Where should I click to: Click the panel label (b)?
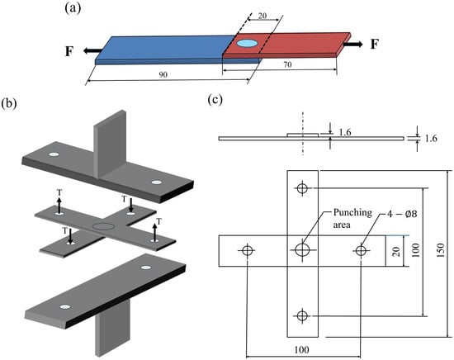[x=9, y=103]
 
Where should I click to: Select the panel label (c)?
[x=215, y=100]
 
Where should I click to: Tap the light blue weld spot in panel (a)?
[x=247, y=44]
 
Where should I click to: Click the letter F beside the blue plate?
[x=69, y=51]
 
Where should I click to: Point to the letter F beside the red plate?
[x=375, y=45]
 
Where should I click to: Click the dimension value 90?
[x=163, y=74]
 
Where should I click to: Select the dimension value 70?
[x=287, y=64]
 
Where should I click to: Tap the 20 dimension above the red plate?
[x=262, y=16]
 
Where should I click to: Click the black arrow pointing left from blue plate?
[x=93, y=50]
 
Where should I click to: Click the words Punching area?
[x=352, y=218]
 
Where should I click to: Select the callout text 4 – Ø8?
[x=402, y=214]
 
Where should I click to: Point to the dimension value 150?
[x=440, y=251]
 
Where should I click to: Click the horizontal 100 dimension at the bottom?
[x=301, y=350]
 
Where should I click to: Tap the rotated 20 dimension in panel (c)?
[x=396, y=251]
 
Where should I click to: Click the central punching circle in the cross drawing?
[x=303, y=249]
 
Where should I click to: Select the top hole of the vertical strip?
[x=303, y=188]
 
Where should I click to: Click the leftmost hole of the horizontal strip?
[x=248, y=250]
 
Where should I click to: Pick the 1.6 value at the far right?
[x=431, y=139]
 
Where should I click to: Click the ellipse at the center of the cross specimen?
[x=102, y=226]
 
